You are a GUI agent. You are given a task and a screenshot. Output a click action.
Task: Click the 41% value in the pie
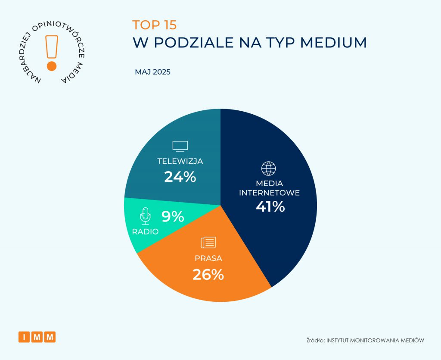point(270,207)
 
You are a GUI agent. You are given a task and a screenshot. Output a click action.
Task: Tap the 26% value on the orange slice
point(208,274)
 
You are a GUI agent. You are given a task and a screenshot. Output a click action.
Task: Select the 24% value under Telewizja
point(180,176)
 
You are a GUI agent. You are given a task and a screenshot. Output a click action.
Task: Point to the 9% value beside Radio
point(173,216)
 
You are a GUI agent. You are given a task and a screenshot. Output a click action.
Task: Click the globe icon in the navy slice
point(268,168)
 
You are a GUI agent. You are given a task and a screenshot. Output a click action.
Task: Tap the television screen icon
point(180,146)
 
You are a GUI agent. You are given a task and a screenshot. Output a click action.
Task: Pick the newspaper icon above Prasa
point(208,242)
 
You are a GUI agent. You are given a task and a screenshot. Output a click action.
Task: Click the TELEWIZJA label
point(180,161)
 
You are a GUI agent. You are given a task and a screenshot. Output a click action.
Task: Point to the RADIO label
point(146,232)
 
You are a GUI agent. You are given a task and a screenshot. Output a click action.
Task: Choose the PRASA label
point(208,259)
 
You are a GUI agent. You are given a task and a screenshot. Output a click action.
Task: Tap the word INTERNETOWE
point(269,193)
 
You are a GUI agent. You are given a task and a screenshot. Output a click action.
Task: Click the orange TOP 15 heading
point(154,25)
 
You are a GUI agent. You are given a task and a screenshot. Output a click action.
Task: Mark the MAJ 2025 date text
point(153,72)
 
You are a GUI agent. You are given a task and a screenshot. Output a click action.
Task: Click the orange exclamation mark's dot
point(52,66)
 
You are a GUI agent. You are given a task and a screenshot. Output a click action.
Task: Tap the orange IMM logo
point(37,337)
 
